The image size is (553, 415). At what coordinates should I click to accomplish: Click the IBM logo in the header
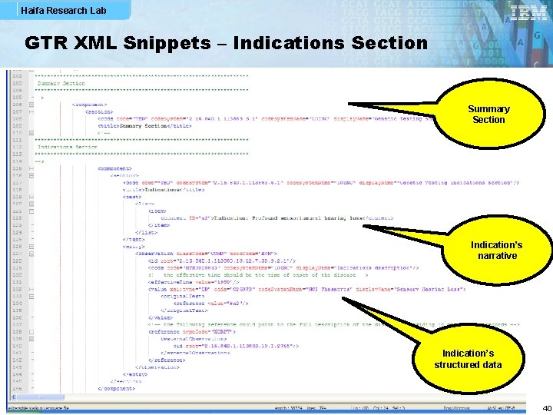coord(528,13)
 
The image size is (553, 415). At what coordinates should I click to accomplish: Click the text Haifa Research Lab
coord(53,11)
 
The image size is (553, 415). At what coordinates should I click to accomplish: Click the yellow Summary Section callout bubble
coord(488,115)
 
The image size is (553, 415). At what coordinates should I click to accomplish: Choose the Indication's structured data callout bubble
coord(468,359)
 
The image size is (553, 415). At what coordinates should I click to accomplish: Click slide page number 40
coord(546,408)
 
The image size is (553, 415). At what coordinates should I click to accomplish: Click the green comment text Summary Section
coord(61,83)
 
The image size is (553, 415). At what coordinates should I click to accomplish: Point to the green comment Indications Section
coord(68,147)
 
